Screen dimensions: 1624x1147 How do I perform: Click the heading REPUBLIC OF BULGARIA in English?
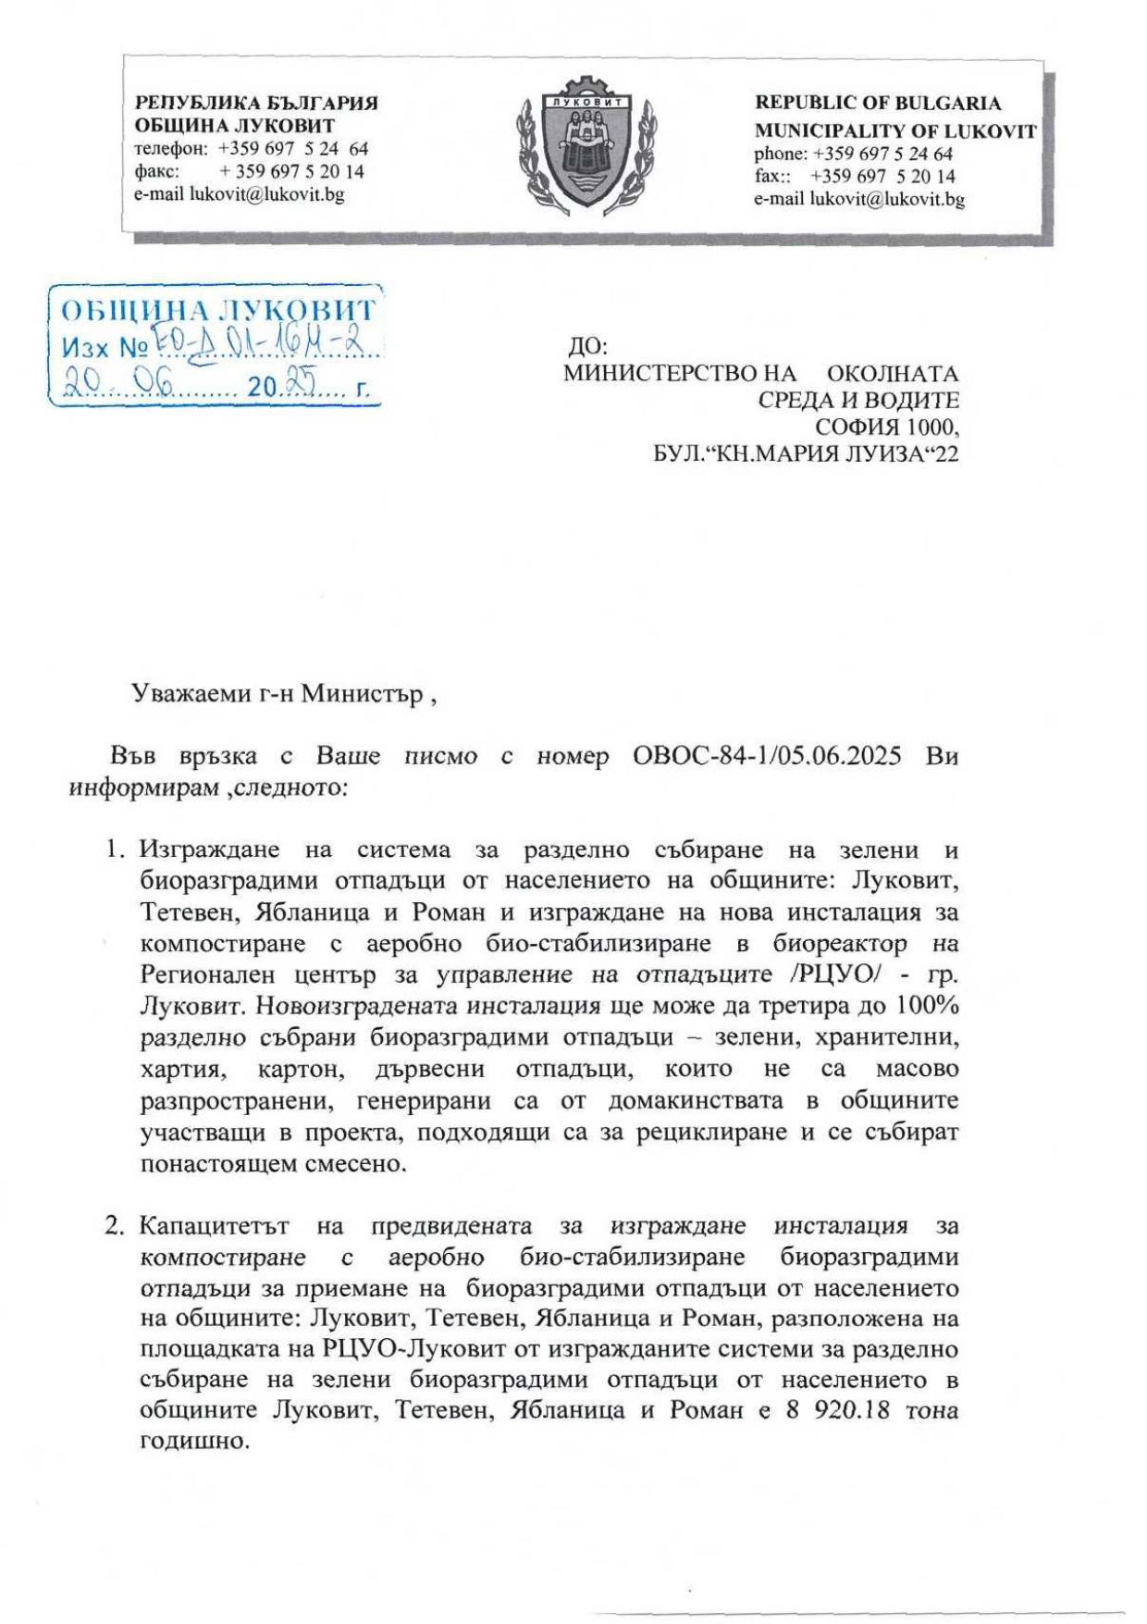pos(878,103)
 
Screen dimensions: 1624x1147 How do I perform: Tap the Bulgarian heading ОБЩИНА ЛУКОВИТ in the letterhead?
pos(234,126)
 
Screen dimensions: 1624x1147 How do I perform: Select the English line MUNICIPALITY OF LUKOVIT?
pos(894,131)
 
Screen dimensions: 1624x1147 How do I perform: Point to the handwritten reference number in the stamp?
pos(262,346)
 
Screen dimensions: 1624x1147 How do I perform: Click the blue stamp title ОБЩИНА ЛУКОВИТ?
pos(217,310)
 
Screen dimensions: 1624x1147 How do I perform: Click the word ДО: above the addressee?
pos(587,347)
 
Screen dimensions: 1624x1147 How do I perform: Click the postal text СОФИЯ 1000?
pos(886,427)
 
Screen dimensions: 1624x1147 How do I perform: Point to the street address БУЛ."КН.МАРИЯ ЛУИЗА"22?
pos(805,453)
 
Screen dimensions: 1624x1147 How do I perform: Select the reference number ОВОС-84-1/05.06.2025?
pos(767,756)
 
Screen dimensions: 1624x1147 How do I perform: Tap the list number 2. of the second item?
pos(115,1226)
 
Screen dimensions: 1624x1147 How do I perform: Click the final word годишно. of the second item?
pos(195,1442)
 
